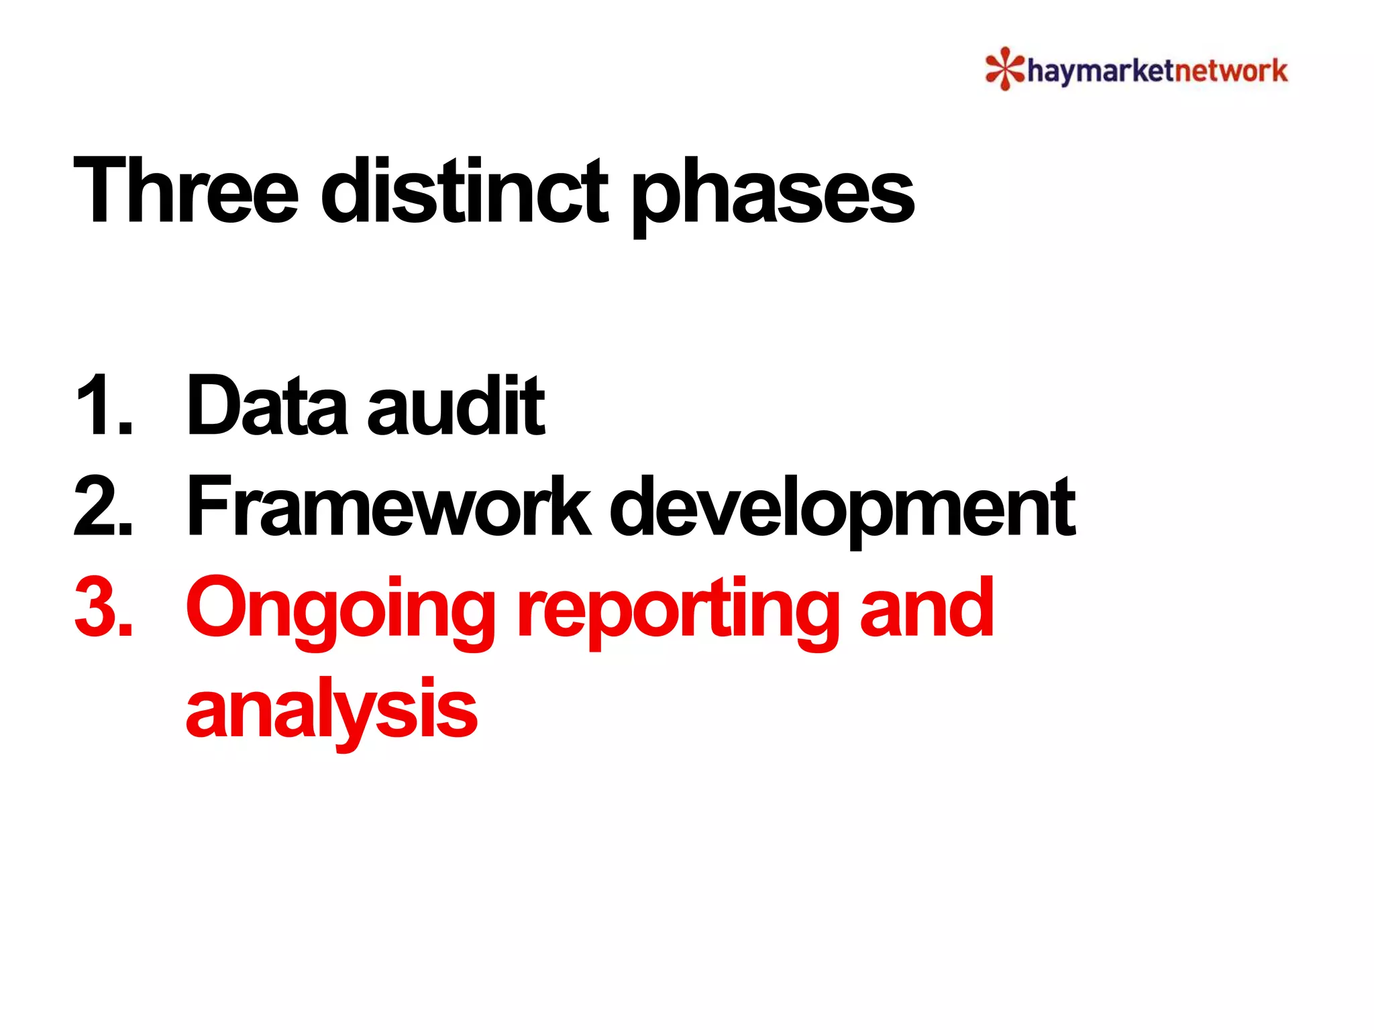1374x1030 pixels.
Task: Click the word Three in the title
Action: [x=185, y=190]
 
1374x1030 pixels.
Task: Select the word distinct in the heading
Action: [x=464, y=190]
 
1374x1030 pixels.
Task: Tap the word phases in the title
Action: [x=773, y=194]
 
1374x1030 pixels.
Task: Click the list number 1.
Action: [x=102, y=406]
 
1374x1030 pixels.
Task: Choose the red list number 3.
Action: [x=103, y=608]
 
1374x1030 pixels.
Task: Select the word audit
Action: [x=456, y=406]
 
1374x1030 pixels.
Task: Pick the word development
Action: [x=843, y=510]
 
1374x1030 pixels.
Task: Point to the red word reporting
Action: [x=678, y=612]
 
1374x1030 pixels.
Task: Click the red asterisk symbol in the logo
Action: [x=1004, y=68]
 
